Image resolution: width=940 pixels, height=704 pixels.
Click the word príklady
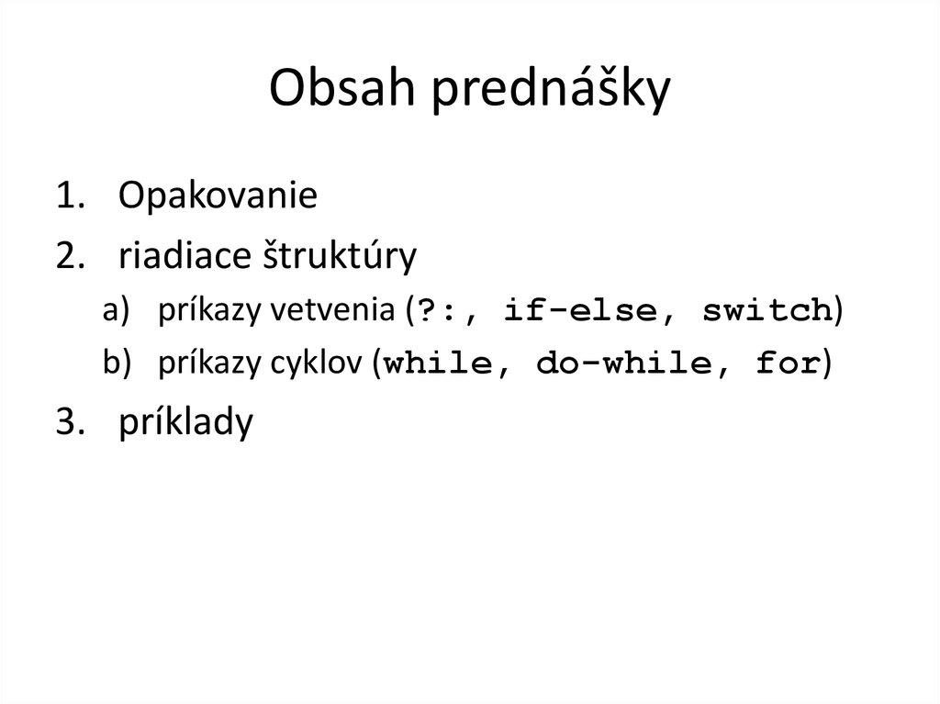tap(185, 425)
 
